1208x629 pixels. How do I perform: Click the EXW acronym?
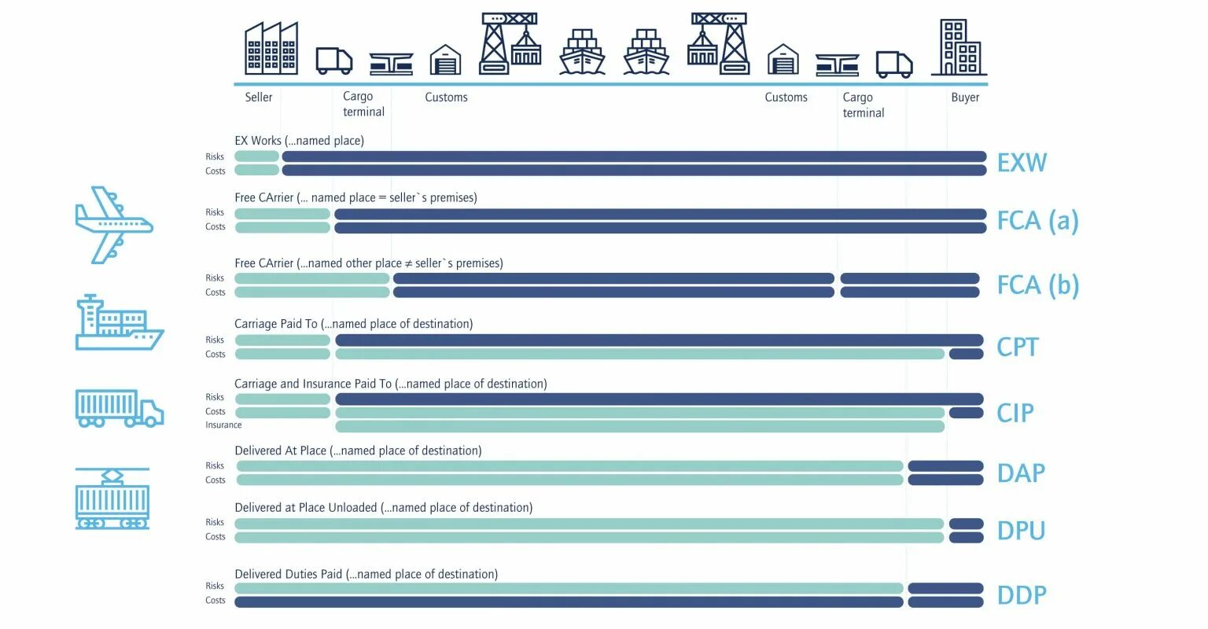pyautogui.click(x=1022, y=163)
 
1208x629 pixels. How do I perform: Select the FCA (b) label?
pyautogui.click(x=1037, y=285)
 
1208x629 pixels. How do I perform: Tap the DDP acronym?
pyautogui.click(x=1022, y=595)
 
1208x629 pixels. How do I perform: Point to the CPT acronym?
pyautogui.click(x=1017, y=347)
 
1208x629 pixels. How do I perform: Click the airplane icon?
pyautogui.click(x=113, y=225)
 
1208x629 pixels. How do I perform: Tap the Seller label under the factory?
pyautogui.click(x=258, y=97)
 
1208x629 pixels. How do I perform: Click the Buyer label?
pyautogui.click(x=965, y=97)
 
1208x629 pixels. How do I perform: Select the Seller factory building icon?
pyautogui.click(x=271, y=49)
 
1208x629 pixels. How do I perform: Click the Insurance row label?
pyautogui.click(x=223, y=425)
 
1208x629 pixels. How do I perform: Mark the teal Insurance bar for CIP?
pyautogui.click(x=639, y=427)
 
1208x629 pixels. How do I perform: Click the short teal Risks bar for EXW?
pyautogui.click(x=256, y=156)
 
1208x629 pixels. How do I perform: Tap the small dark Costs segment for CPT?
pyautogui.click(x=966, y=354)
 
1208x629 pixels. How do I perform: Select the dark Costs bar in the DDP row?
pyautogui.click(x=568, y=602)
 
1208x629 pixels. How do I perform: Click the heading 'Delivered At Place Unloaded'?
pyautogui.click(x=383, y=508)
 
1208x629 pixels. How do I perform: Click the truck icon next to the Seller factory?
pyautogui.click(x=333, y=61)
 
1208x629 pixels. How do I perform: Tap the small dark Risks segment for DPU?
pyautogui.click(x=966, y=524)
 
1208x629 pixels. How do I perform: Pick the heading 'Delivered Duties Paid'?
pyautogui.click(x=366, y=575)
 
